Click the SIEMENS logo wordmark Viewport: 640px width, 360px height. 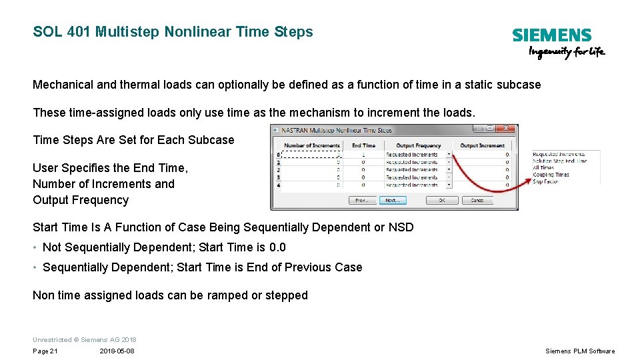[x=551, y=35]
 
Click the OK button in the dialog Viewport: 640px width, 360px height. [x=441, y=200]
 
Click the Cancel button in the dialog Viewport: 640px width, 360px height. [x=477, y=200]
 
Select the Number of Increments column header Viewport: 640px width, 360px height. [x=312, y=145]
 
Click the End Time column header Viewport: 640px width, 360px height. [x=363, y=145]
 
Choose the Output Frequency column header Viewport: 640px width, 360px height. [x=418, y=145]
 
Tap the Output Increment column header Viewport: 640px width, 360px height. [x=483, y=145]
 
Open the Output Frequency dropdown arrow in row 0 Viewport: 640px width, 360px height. [x=449, y=155]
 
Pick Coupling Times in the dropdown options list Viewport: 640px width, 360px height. [x=551, y=175]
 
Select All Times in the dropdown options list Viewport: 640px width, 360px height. [x=543, y=168]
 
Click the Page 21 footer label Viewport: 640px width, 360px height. [x=45, y=351]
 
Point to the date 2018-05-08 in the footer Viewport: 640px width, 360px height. [x=117, y=351]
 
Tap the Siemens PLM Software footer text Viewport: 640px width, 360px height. [x=580, y=351]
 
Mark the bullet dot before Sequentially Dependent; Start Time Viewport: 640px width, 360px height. [x=35, y=267]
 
